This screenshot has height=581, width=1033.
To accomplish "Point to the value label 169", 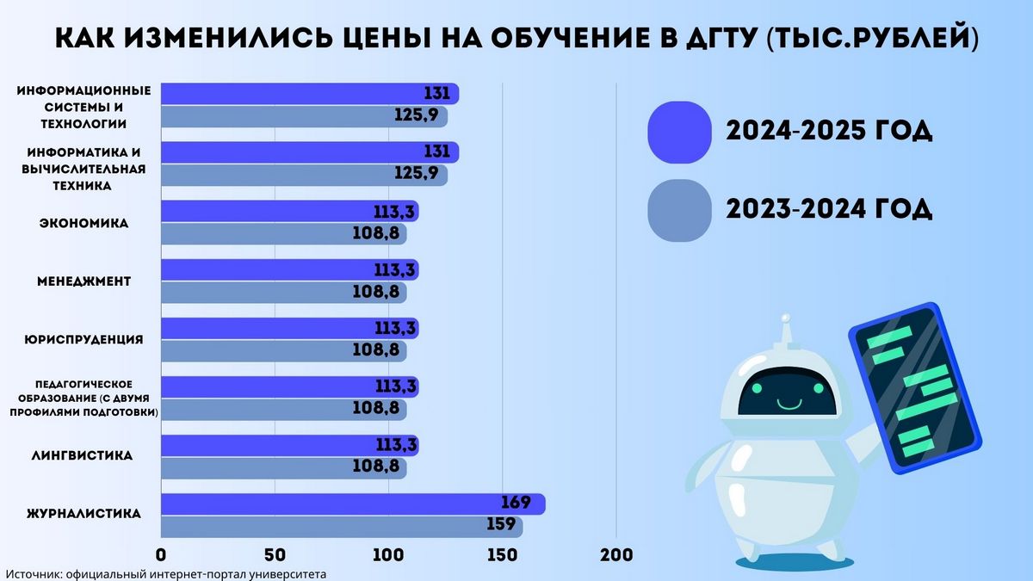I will (x=514, y=504).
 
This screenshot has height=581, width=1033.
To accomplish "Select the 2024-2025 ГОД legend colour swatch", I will (x=679, y=132).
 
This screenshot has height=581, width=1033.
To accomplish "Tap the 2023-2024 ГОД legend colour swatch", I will (x=679, y=209).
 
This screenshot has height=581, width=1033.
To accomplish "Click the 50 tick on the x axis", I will (x=275, y=555).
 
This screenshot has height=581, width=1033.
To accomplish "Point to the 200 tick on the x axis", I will (x=615, y=555).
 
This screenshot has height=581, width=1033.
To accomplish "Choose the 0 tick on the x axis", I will (x=161, y=555).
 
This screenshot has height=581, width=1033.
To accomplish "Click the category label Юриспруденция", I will (x=84, y=339).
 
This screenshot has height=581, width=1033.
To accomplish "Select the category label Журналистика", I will (x=84, y=514).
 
